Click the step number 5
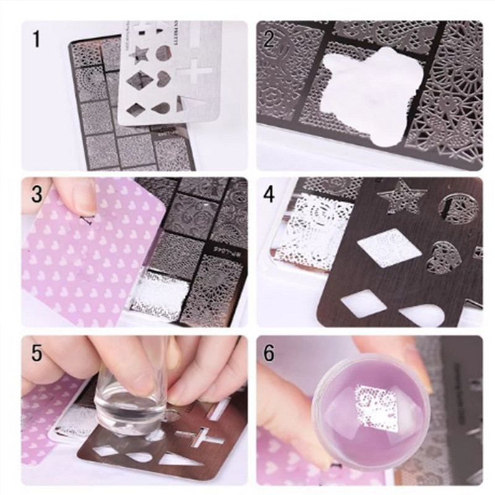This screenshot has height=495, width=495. pos(37,353)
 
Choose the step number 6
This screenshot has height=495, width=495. pos(270,353)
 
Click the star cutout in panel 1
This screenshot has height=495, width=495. pos(142,55)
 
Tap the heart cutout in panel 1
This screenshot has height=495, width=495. pos(163,80)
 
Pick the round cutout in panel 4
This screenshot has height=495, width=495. pos(457,209)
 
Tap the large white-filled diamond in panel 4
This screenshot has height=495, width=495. pos(389,247)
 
